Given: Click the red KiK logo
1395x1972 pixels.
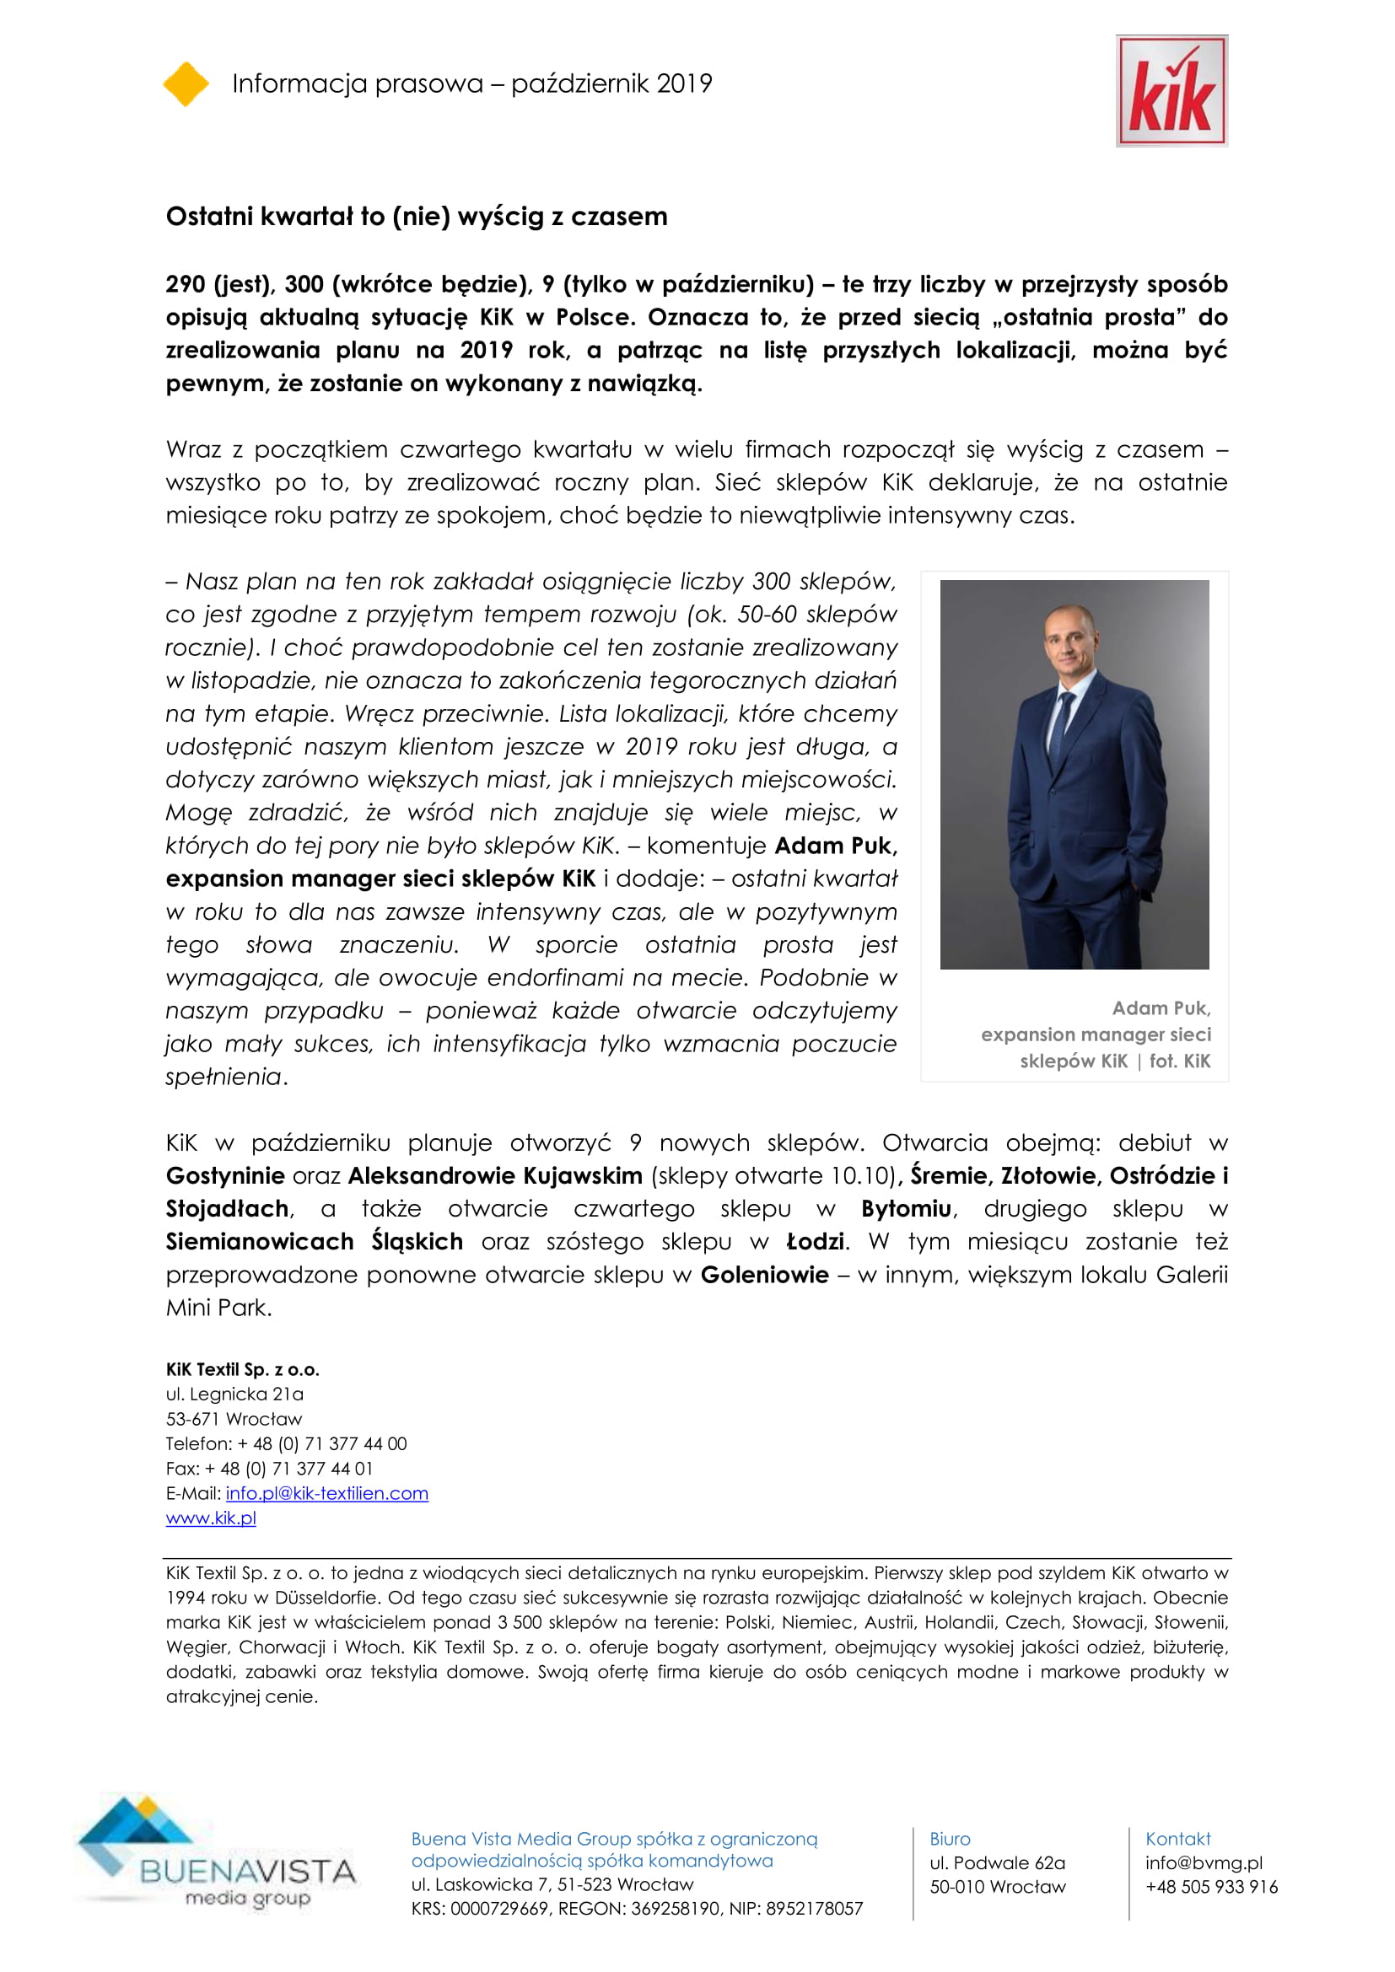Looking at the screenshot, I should (1171, 91).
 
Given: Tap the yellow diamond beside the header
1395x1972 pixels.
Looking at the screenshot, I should (186, 84).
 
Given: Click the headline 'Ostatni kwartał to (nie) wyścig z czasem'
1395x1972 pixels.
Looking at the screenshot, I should (416, 217).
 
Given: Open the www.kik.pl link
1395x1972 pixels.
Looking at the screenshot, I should (211, 1518).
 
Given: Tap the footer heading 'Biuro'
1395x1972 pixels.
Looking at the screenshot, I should (949, 1839).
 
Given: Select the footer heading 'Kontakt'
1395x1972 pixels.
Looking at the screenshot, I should (1177, 1839).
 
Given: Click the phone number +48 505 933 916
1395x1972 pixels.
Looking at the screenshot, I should (1210, 1887).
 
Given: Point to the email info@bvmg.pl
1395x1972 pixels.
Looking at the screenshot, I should (1204, 1863).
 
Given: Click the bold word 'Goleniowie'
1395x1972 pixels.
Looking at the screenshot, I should (763, 1275).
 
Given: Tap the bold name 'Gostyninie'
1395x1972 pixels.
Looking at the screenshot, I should (225, 1176).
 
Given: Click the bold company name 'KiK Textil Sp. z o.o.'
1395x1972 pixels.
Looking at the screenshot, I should (242, 1369).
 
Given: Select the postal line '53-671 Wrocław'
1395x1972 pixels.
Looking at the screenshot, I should (234, 1419).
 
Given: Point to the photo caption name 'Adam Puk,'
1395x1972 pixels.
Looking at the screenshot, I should (1161, 1008).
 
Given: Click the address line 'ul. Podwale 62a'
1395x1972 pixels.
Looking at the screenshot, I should (996, 1863).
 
